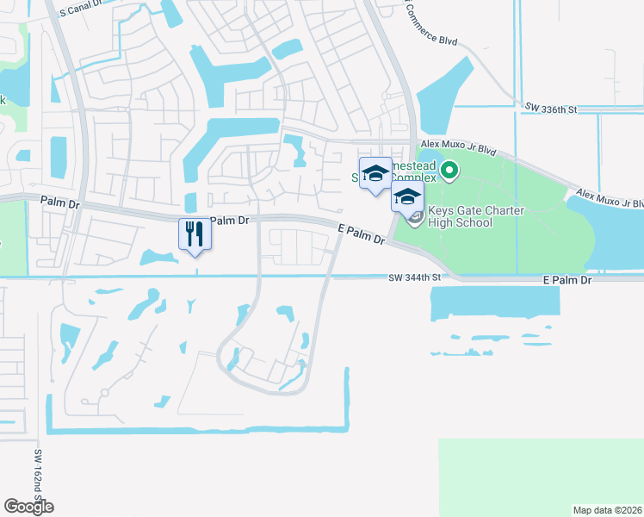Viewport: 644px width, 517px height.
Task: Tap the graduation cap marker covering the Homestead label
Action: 375,171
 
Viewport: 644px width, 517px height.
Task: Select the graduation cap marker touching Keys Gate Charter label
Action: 407,196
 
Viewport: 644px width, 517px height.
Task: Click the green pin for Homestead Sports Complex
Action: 448,172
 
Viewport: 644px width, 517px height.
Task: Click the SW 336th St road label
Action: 550,108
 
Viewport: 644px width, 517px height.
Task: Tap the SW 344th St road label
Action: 414,277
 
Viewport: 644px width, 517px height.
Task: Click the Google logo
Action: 28,507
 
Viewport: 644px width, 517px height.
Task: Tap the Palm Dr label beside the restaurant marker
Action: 229,221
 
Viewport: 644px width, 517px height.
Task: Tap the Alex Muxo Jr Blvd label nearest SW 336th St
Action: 458,149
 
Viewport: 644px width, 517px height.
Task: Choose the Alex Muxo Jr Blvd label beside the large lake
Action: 610,198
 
